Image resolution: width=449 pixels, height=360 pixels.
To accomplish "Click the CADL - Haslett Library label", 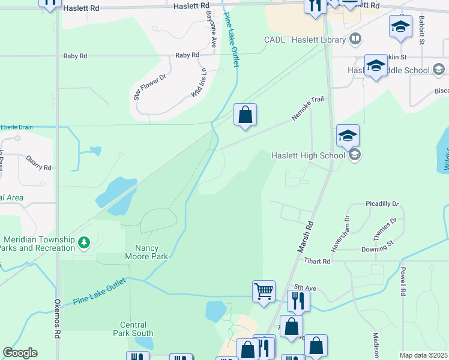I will (x=305, y=40).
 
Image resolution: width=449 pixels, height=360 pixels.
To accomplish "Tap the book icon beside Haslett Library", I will (x=355, y=40).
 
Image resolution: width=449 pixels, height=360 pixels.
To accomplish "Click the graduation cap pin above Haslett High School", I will (x=348, y=136).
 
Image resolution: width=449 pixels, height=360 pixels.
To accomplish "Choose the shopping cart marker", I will (x=264, y=292).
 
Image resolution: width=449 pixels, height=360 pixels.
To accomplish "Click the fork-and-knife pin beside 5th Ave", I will (x=298, y=299).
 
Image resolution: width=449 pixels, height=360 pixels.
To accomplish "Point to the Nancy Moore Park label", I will (x=146, y=251).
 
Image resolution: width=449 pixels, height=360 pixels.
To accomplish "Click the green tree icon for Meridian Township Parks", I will (x=85, y=242).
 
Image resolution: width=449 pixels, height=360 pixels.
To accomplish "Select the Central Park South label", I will (x=133, y=329).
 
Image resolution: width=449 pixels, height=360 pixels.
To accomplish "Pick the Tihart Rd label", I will (x=317, y=261).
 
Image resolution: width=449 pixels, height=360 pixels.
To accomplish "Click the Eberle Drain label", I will (x=17, y=127).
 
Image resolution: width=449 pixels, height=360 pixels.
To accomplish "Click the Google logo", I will (x=20, y=353).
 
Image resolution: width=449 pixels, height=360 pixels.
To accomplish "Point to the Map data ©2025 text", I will (x=423, y=355).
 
